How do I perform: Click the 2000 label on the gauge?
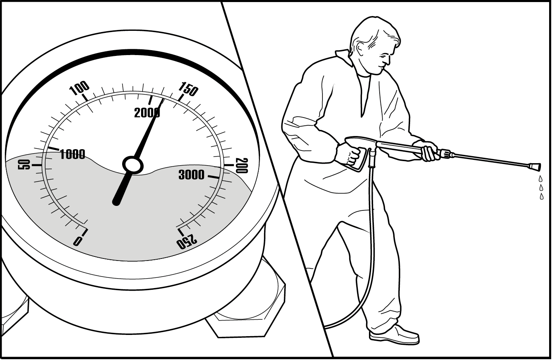(x=147, y=113)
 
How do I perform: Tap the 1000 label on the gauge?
(x=72, y=155)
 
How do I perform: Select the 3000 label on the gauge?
(x=191, y=175)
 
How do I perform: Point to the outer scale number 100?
(x=79, y=88)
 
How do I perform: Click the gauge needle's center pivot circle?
(x=133, y=165)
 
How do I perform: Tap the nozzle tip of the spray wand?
(x=534, y=167)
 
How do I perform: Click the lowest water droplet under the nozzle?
(x=542, y=196)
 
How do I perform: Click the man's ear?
(x=361, y=49)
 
